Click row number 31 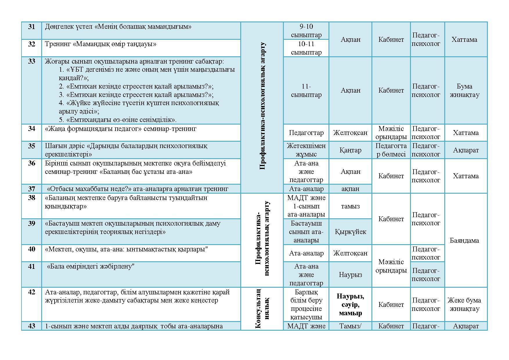[31, 27]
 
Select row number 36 [31, 163]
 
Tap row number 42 [31, 292]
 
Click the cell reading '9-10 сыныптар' [306, 31]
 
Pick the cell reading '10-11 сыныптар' [306, 48]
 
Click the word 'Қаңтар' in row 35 [350, 150]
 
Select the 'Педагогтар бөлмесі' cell [391, 150]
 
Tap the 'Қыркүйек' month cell [350, 232]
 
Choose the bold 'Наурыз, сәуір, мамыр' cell [350, 305]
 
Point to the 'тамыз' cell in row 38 [350, 206]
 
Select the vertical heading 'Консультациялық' [262, 308]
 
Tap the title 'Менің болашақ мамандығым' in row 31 [143, 27]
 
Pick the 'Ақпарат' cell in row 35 [465, 150]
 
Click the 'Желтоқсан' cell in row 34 [350, 133]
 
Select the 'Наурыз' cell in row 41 [350, 275]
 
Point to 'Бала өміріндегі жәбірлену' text [91, 267]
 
